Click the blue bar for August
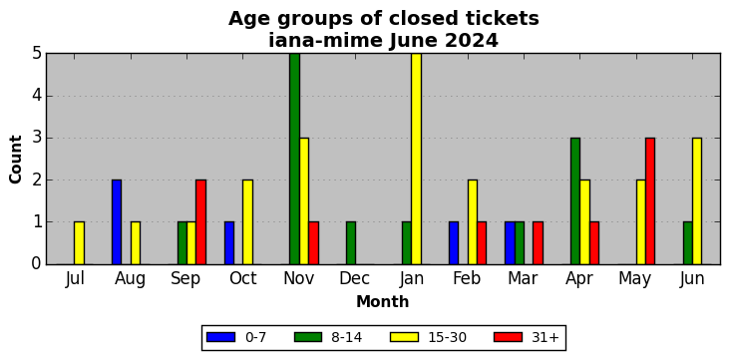click(117, 222)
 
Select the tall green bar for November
click(294, 159)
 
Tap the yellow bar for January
click(416, 159)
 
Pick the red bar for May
click(650, 201)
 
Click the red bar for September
click(200, 222)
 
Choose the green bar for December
click(351, 243)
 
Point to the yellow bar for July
click(79, 243)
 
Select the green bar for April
click(575, 201)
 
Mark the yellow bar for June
click(697, 201)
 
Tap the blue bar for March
click(510, 243)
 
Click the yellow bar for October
click(247, 222)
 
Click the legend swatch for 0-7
click(220, 337)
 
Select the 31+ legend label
click(545, 337)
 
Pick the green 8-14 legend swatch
click(308, 337)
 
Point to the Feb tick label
click(467, 278)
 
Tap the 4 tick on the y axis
click(38, 96)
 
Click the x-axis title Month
click(383, 302)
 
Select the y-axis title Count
click(15, 160)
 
